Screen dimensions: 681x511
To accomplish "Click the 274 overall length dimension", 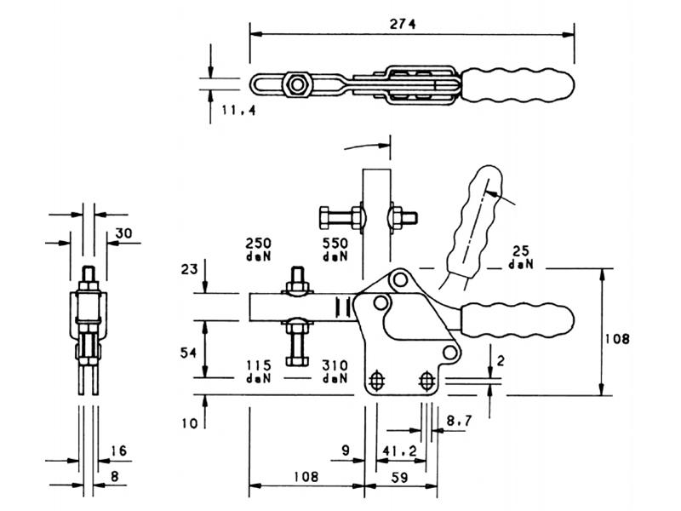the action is pos(402,24).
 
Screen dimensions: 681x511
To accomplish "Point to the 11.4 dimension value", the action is pos(238,110).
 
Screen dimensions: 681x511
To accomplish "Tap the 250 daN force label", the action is pos(259,249).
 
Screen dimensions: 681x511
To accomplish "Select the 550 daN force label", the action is pos(335,249).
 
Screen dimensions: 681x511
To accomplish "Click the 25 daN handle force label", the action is pos(521,257).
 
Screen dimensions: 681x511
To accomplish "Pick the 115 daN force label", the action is pos(259,371).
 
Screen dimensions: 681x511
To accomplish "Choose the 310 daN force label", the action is pos(335,371).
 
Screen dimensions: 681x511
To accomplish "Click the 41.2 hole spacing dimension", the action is pos(399,451).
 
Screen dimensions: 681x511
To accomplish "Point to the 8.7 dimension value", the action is pos(459,420).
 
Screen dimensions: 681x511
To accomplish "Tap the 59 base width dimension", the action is pos(399,478).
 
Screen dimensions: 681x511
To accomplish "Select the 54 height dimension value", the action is pos(188,353).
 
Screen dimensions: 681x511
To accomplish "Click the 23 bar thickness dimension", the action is pos(189,269).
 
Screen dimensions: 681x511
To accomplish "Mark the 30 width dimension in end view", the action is pos(123,233).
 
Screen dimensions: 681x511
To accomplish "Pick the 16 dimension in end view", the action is pos(118,451).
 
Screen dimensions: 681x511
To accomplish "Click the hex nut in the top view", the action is pos(297,84).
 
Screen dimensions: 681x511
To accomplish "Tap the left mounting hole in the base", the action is pos(376,382).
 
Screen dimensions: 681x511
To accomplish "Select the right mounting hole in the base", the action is pos(427,382).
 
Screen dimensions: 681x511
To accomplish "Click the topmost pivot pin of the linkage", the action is pos(400,279).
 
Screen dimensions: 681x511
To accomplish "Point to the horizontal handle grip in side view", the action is pos(518,320).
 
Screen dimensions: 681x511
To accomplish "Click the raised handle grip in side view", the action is pos(474,221).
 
